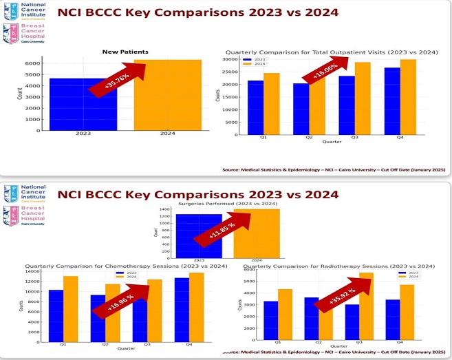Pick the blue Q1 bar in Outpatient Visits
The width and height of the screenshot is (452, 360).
point(255,107)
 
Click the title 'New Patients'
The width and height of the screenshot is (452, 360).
point(125,52)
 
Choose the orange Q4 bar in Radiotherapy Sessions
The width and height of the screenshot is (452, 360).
point(407,313)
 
